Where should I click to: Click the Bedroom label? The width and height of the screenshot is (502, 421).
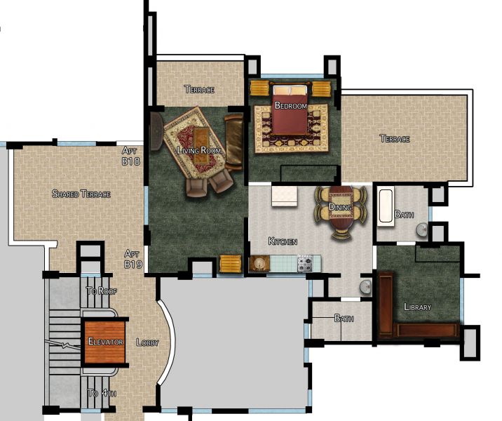(290, 106)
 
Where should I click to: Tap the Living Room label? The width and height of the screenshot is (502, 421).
(200, 151)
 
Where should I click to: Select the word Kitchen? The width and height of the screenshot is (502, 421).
(283, 241)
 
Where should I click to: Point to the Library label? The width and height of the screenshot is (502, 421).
(418, 307)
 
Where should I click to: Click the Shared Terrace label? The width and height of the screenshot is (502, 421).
(81, 194)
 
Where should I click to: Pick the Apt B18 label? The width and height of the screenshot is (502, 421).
(131, 156)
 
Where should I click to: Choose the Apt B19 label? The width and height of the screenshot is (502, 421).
(133, 258)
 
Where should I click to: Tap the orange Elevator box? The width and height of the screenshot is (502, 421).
(104, 342)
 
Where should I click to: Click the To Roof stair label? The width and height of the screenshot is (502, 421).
(100, 290)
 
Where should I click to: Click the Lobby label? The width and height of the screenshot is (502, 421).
(147, 342)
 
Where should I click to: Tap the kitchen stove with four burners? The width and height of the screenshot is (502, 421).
(306, 265)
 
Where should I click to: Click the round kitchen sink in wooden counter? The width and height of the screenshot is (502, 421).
(259, 263)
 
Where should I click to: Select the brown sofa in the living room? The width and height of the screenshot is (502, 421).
(233, 142)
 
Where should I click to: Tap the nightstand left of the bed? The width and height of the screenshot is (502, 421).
(259, 89)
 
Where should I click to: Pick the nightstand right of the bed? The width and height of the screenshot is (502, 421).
(321, 89)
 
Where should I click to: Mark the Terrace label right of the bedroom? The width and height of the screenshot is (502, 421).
(395, 139)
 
